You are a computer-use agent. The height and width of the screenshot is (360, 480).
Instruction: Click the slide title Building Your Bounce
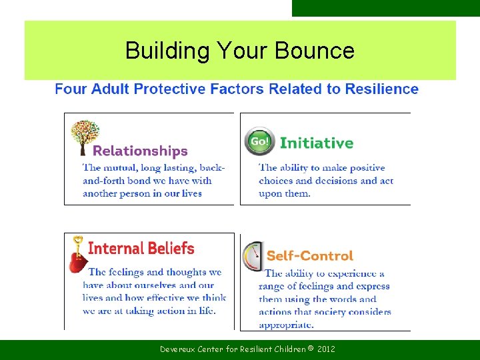pos(239,51)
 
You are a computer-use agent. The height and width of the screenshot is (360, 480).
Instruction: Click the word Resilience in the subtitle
pos(382,89)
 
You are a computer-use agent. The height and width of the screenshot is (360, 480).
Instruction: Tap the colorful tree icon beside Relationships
pos(85,137)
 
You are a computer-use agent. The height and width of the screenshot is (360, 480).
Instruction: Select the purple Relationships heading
pos(140,151)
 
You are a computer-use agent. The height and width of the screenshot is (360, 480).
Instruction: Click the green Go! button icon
pos(259,141)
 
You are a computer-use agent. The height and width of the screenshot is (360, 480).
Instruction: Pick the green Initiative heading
pos(317,143)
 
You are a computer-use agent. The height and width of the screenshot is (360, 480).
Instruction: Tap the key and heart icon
pos(78,254)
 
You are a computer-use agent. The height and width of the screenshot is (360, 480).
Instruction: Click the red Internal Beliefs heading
pos(141,249)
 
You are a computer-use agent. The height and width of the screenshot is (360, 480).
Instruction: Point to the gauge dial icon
pos(253,257)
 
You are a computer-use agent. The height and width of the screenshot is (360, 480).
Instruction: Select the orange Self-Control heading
pos(310,255)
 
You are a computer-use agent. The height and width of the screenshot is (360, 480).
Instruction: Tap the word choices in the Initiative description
pos(276,181)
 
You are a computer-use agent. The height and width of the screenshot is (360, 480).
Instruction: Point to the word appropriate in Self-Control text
pos(286,325)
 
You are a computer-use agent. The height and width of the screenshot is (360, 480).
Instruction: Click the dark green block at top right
pos(385,8)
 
